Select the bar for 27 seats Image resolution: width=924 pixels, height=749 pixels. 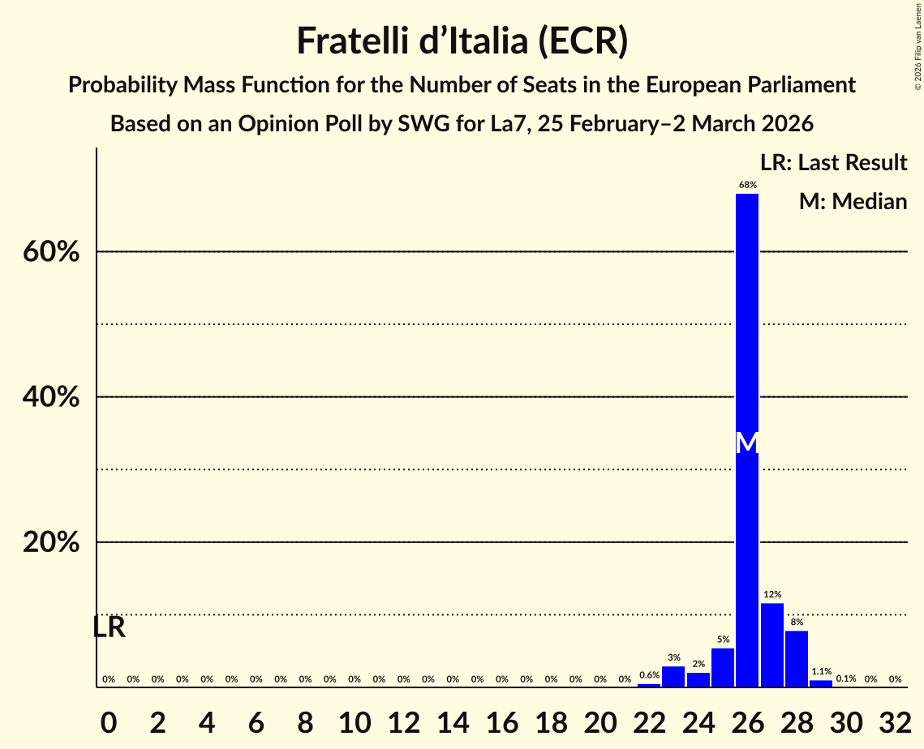(x=772, y=645)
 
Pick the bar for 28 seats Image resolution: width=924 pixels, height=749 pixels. (x=797, y=659)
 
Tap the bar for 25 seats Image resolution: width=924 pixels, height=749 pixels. (x=723, y=667)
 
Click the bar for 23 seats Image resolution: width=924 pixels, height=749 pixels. (x=673, y=676)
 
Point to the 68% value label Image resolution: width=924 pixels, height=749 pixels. (x=747, y=186)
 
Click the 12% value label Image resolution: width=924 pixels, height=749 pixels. (x=772, y=595)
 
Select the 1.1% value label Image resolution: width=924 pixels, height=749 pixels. (x=821, y=671)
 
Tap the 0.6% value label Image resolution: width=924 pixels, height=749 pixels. (x=649, y=675)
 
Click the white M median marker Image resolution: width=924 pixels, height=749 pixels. (x=747, y=443)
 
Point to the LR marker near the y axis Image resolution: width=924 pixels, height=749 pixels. (x=109, y=627)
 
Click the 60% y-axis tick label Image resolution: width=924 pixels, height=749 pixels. (x=51, y=252)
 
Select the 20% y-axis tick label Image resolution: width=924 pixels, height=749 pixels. (x=51, y=542)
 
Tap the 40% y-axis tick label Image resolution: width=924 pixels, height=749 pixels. (x=51, y=397)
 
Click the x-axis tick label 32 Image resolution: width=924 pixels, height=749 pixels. (x=895, y=720)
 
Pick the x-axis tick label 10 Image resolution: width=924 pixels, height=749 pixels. (x=355, y=720)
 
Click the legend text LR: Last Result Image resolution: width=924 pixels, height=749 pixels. (x=833, y=163)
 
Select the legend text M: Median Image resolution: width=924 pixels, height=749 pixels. (x=853, y=201)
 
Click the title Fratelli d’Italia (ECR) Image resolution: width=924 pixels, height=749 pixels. (x=462, y=41)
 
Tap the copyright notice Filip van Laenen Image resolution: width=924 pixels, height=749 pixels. (x=918, y=45)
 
